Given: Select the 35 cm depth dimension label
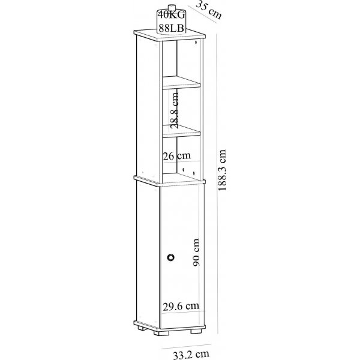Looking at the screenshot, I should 208,11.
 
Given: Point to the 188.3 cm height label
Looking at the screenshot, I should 223,169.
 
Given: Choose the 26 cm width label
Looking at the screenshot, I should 177,155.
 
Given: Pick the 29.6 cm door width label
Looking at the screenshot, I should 181,306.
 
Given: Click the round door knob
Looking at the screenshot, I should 171,257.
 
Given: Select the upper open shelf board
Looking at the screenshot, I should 181,82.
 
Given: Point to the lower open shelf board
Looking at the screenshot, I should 181,130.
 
